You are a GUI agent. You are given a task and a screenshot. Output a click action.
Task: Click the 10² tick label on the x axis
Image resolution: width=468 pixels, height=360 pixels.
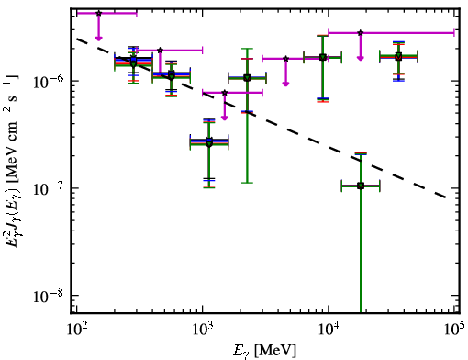76,329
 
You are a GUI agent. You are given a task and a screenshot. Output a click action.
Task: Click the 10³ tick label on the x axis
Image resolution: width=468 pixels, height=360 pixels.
202,329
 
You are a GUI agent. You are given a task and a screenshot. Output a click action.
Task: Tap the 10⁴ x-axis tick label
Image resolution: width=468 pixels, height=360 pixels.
329,329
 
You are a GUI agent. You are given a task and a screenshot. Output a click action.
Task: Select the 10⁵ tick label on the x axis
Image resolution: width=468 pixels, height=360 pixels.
454,329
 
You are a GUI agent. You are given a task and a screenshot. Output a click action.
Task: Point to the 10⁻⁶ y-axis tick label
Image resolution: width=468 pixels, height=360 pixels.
48,82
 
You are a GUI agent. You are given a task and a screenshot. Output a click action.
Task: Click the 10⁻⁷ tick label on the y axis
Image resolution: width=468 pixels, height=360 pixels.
48,188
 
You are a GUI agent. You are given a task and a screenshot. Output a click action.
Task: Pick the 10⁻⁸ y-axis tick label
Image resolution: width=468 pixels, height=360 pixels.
48,296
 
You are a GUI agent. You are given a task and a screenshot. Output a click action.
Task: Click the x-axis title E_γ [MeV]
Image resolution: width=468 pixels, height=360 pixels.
264,351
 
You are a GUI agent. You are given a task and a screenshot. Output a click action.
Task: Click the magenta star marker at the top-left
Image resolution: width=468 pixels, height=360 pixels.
98,13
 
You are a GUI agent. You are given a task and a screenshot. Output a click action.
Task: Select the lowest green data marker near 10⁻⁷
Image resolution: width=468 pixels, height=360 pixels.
361,186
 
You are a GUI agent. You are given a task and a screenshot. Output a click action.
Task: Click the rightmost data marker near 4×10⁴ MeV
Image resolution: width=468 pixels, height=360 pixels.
398,57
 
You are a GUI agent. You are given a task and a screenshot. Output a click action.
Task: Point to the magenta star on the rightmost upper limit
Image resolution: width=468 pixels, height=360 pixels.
361,32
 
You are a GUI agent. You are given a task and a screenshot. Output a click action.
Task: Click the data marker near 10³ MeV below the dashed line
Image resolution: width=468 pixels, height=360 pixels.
209,142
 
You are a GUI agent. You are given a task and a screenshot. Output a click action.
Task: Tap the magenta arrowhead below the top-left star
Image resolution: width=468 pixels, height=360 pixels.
98,38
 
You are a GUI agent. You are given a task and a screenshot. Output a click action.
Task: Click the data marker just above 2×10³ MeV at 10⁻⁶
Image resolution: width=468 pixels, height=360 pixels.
247,78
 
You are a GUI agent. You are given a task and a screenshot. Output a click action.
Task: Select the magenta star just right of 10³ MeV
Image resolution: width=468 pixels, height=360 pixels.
225,93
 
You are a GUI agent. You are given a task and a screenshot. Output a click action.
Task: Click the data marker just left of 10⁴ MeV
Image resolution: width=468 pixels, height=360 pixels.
323,57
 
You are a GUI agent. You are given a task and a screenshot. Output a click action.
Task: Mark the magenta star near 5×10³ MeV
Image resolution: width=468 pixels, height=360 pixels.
285,59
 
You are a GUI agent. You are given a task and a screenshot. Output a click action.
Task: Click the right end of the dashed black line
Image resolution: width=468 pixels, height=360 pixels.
447,197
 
